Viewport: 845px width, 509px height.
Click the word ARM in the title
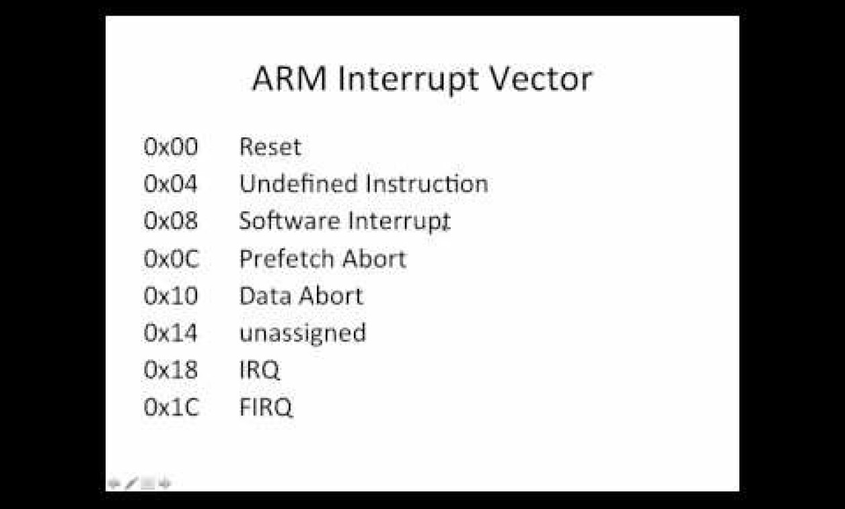click(289, 79)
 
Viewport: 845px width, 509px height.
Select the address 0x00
click(171, 147)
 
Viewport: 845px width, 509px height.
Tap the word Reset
click(270, 147)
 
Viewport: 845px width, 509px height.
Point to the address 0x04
click(170, 184)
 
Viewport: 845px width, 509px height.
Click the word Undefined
click(299, 184)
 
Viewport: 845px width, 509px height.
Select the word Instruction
click(427, 184)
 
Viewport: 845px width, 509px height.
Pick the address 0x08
click(171, 221)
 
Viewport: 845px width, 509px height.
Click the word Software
click(290, 221)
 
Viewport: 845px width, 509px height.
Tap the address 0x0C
click(172, 259)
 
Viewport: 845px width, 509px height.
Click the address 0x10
click(171, 296)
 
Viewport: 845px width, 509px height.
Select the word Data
click(266, 296)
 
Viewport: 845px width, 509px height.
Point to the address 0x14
click(170, 333)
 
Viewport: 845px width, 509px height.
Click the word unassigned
click(303, 333)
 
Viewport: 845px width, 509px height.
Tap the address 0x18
click(171, 370)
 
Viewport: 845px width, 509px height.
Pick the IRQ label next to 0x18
click(260, 370)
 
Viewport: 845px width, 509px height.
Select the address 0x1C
click(172, 407)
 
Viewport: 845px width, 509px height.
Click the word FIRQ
click(266, 407)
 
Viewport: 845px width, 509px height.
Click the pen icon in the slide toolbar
click(131, 483)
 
